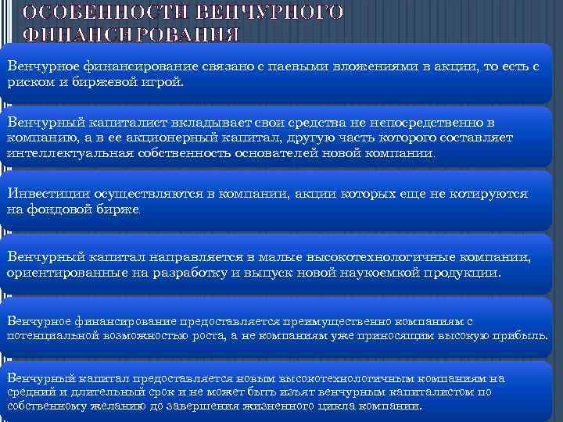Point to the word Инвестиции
coord(46,194)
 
